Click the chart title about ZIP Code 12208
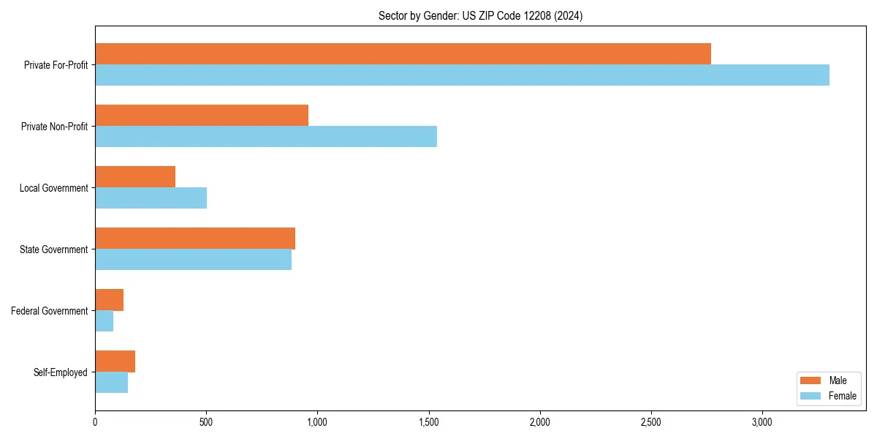click(480, 15)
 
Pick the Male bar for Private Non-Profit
click(202, 115)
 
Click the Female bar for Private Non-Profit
click(266, 136)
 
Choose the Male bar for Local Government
click(135, 176)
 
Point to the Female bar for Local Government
click(151, 198)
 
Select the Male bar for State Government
click(195, 238)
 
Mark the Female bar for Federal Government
click(104, 320)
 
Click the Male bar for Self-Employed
click(115, 361)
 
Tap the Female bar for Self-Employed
click(111, 382)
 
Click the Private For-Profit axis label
click(56, 65)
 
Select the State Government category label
click(54, 249)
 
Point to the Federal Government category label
click(50, 311)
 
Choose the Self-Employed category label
click(61, 372)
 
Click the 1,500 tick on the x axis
click(428, 422)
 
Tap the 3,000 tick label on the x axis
click(762, 422)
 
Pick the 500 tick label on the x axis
click(206, 422)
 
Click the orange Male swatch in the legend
click(811, 380)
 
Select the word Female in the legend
click(843, 396)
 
